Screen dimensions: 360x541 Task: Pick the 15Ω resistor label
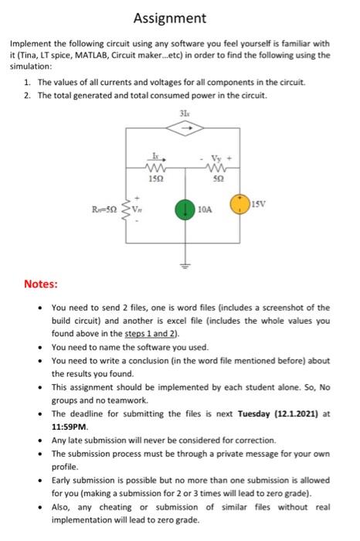pos(155,179)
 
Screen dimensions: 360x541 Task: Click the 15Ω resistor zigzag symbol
pos(155,168)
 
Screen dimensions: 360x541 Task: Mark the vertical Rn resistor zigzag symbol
pos(124,209)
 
